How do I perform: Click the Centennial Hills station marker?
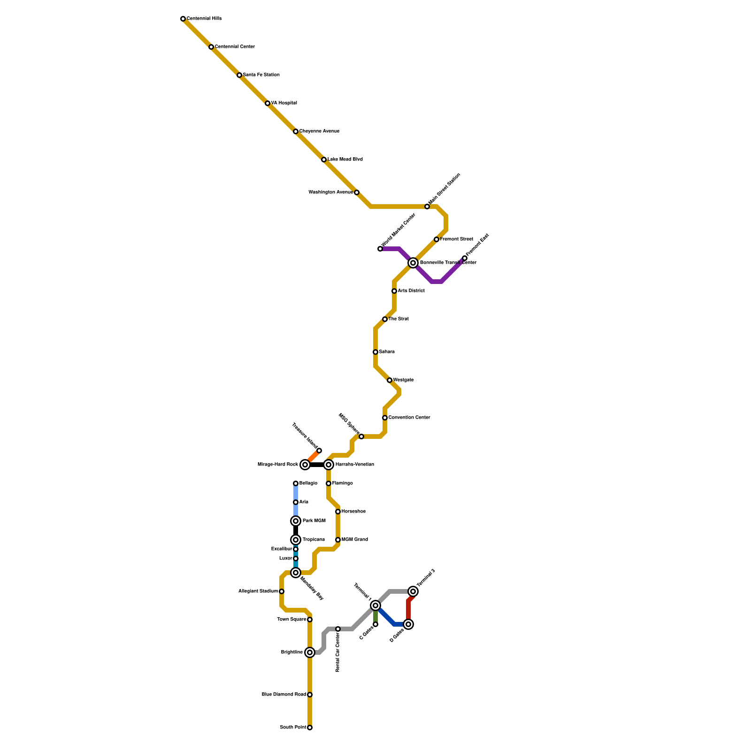(183, 19)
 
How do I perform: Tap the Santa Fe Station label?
(261, 75)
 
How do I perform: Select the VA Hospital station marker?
(268, 103)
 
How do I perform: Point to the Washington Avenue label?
(330, 192)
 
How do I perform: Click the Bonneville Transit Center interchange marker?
(413, 263)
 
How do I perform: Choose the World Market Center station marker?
(380, 249)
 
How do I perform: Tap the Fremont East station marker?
(465, 258)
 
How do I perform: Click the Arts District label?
(411, 291)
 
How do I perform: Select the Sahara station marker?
(375, 352)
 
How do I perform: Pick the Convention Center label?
(409, 418)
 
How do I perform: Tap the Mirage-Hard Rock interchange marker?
(305, 465)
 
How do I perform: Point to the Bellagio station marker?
(296, 483)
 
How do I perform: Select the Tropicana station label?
(314, 540)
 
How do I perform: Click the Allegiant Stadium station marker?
(282, 591)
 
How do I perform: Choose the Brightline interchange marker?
(310, 652)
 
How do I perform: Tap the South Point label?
(293, 728)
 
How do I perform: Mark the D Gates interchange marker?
(408, 624)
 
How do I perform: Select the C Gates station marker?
(375, 624)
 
